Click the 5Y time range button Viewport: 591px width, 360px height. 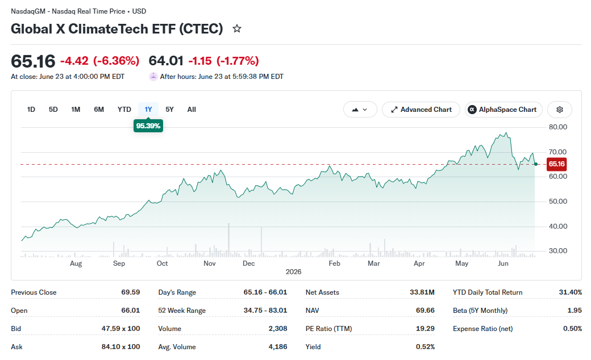[x=169, y=110]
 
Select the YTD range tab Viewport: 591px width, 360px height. [x=124, y=110]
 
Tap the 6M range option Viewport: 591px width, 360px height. [x=99, y=110]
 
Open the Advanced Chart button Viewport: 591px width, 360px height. [x=421, y=110]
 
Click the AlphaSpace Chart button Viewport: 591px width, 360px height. [x=503, y=110]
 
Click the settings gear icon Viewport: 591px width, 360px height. [x=560, y=110]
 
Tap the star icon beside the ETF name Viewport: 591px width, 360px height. [x=237, y=28]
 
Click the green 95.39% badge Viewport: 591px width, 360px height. [x=148, y=126]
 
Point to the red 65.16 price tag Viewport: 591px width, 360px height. [x=556, y=164]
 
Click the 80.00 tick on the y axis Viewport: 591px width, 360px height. [x=558, y=127]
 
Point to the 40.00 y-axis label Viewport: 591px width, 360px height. [x=558, y=227]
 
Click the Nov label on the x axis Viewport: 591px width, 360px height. [x=210, y=263]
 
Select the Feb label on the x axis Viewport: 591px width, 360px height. [x=334, y=263]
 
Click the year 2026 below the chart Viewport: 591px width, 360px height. [x=294, y=272]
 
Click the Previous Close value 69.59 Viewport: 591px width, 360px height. [x=130, y=292]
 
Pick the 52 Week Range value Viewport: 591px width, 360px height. [x=265, y=310]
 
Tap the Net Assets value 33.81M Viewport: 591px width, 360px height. [x=422, y=292]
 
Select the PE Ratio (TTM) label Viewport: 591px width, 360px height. [x=328, y=329]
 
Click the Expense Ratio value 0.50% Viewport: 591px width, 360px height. [x=573, y=329]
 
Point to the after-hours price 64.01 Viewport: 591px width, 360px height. [x=166, y=61]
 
